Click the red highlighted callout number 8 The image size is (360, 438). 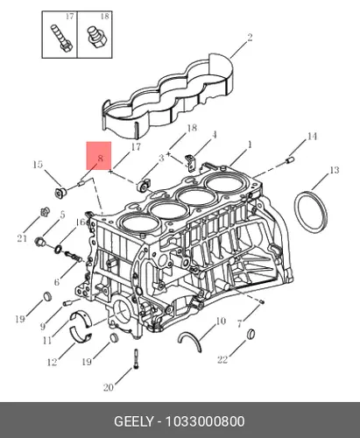(x=101, y=159)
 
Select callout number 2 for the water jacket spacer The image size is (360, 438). (x=250, y=38)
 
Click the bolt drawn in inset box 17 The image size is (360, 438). (x=60, y=39)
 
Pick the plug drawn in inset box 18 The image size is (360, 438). (x=97, y=37)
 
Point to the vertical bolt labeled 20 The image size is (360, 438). (x=136, y=359)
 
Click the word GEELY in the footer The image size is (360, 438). (x=133, y=421)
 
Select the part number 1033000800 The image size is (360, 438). (x=205, y=421)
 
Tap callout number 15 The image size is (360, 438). (x=38, y=165)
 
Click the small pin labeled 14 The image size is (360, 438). (x=291, y=159)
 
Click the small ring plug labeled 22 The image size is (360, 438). (x=251, y=335)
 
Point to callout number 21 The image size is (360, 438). (x=22, y=238)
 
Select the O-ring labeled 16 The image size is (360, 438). (x=58, y=250)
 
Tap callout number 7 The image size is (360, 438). (x=239, y=323)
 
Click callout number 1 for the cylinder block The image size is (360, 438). (x=250, y=145)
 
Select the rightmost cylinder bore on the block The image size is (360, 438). (x=224, y=185)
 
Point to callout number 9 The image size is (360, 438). (x=43, y=326)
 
